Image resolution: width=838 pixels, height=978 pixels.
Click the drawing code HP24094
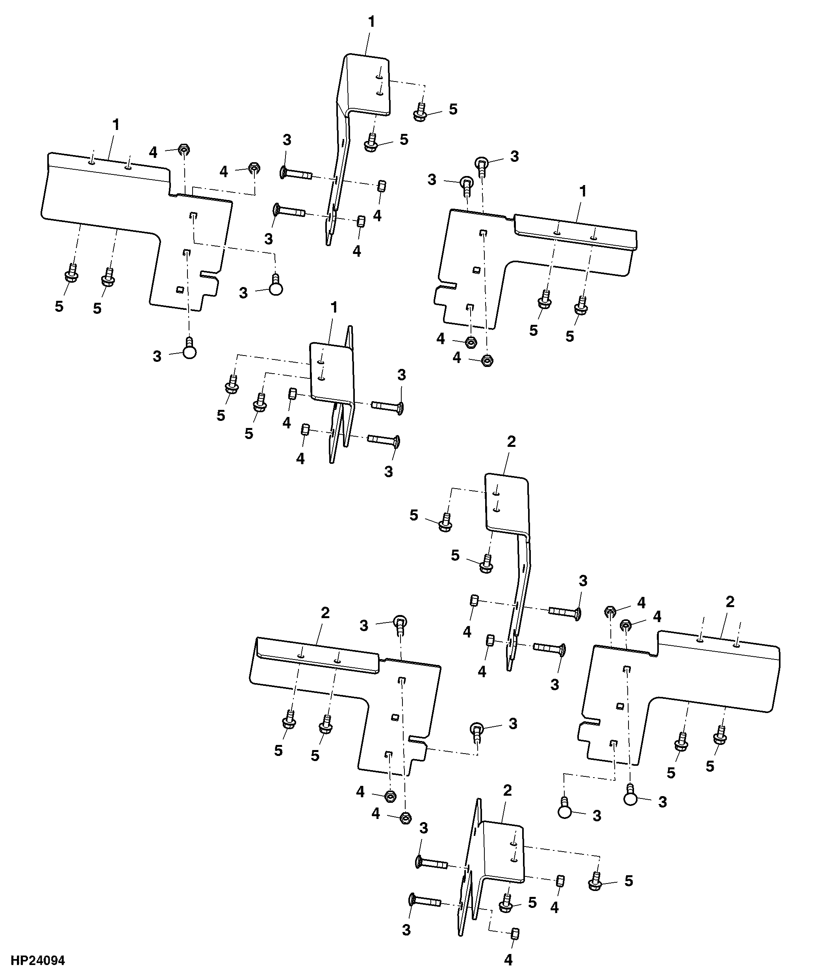[x=38, y=961]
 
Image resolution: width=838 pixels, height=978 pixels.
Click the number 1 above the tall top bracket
[x=372, y=22]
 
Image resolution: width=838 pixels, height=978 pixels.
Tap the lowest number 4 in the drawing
[x=508, y=959]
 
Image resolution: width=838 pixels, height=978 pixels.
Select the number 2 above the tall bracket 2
[x=511, y=442]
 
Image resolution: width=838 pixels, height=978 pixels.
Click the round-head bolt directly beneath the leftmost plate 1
[x=189, y=348]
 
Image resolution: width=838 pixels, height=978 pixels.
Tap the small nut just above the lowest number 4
[x=515, y=934]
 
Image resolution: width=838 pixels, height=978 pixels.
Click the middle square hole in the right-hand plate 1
[x=476, y=270]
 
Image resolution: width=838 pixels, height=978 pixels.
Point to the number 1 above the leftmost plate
[x=116, y=125]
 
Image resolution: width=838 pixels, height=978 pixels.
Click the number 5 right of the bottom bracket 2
[x=628, y=881]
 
